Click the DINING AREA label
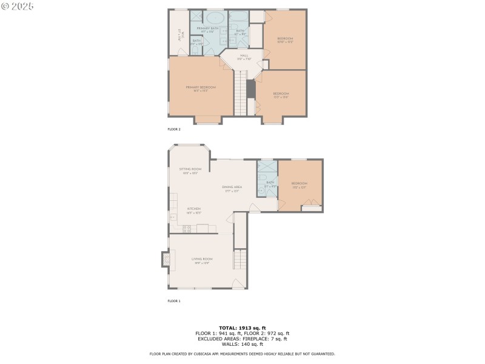232,189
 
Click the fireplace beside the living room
165,260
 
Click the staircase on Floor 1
240,260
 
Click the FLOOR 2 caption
174,129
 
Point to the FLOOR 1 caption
174,301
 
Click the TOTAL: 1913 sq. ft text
242,328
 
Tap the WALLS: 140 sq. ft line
242,344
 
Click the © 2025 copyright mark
18,5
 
